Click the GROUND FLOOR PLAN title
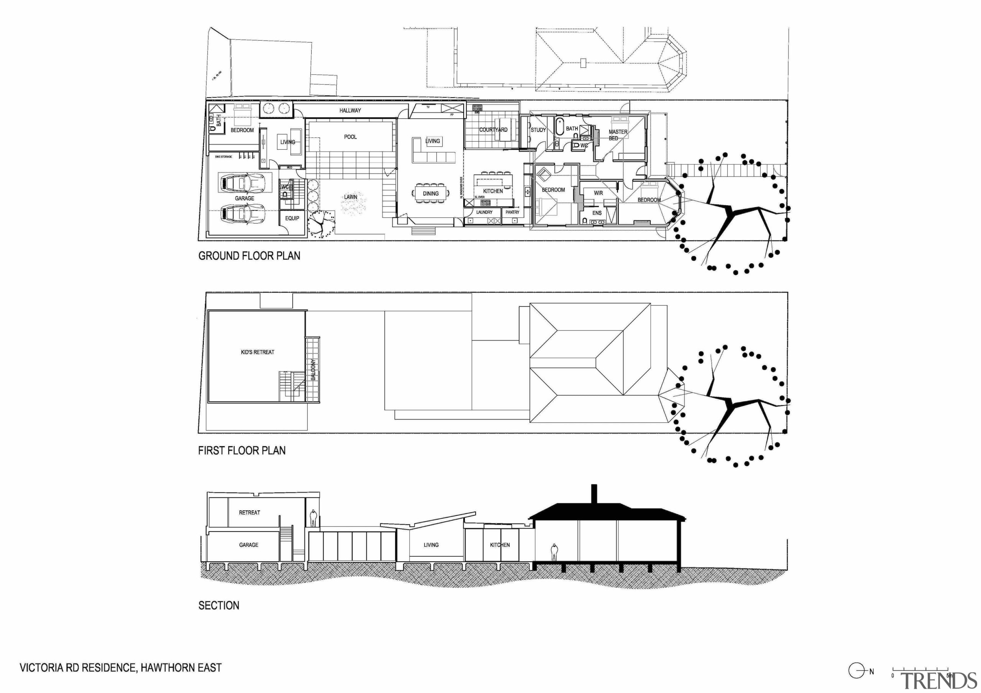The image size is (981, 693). click(249, 256)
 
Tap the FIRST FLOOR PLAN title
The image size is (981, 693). click(242, 451)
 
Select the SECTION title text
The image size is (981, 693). click(219, 605)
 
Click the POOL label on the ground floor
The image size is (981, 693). click(350, 137)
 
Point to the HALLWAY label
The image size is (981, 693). click(350, 111)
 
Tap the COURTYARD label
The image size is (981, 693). click(493, 130)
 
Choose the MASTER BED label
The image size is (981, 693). click(617, 135)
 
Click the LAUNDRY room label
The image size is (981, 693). click(484, 212)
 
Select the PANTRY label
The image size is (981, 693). click(512, 212)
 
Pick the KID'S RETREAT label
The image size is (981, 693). click(258, 352)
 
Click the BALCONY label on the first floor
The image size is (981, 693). click(313, 370)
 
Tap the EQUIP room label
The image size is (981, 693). click(292, 218)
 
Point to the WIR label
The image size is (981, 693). click(598, 193)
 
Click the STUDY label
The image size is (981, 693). click(538, 130)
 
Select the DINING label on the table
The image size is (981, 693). click(431, 193)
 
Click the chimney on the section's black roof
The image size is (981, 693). click(594, 494)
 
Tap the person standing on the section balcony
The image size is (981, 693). click(313, 518)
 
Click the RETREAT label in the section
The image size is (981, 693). click(249, 512)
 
